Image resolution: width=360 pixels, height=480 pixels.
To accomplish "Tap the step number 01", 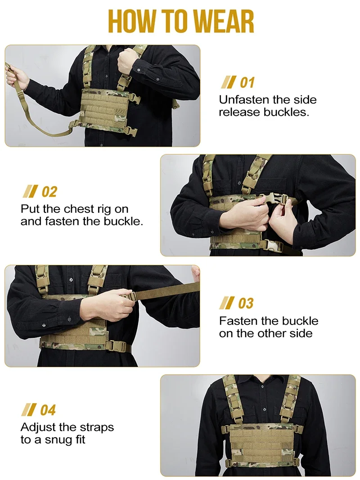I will click(x=247, y=83).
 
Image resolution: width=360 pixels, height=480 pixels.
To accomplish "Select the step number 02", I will click(x=49, y=192).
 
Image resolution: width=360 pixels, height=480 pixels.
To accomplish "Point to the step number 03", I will click(x=245, y=303).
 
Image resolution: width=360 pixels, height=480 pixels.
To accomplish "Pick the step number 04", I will click(x=48, y=410).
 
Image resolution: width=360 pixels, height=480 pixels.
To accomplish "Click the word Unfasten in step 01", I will click(x=244, y=99).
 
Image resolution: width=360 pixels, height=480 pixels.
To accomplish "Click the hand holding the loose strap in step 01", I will click(x=17, y=76).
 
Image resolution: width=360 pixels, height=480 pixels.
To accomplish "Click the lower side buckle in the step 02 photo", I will click(x=271, y=245).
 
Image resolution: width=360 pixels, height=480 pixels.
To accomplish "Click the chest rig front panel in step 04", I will click(x=261, y=443).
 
